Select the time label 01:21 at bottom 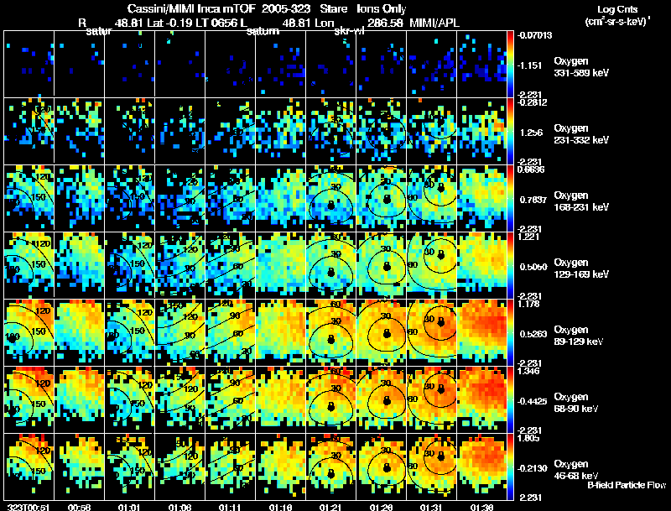pyautogui.click(x=330, y=507)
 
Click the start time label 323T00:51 pyautogui.click(x=25, y=507)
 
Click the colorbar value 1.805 pyautogui.click(x=529, y=437)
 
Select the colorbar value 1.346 pyautogui.click(x=529, y=370)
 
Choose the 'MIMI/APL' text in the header pyautogui.click(x=434, y=25)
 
